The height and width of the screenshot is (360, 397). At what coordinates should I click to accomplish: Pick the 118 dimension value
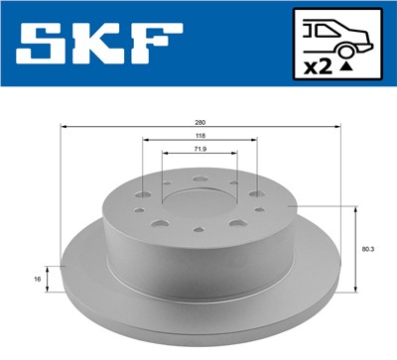pos(200,138)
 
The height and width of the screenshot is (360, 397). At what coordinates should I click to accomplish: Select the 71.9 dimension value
pos(200,151)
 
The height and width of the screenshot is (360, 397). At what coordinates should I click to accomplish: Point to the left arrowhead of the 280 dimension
pos(65,128)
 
